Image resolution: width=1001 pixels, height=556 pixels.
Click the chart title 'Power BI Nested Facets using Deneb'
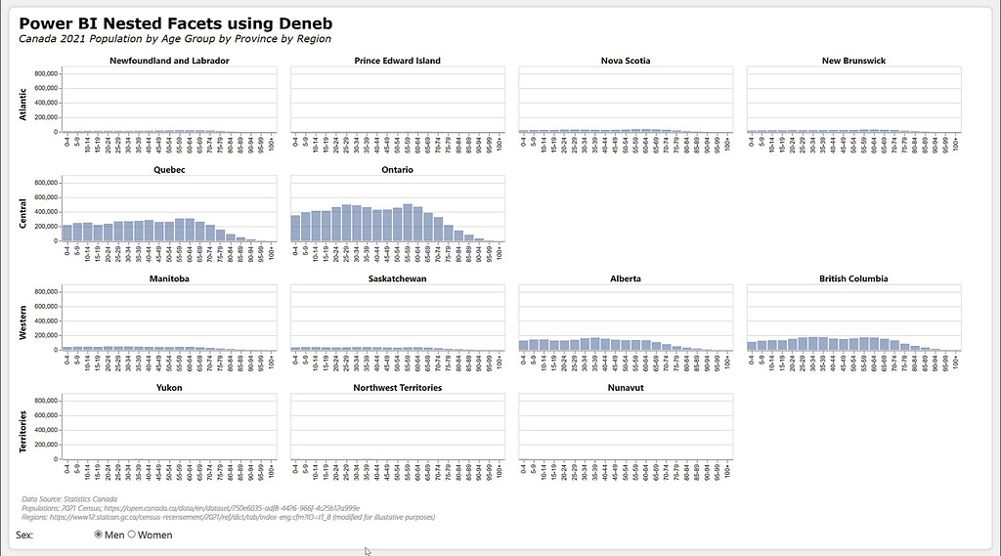pyautogui.click(x=175, y=22)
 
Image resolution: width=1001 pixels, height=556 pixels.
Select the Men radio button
pyautogui.click(x=99, y=535)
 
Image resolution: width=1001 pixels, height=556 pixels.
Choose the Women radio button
pyautogui.click(x=132, y=535)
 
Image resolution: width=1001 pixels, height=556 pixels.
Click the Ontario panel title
pyautogui.click(x=397, y=170)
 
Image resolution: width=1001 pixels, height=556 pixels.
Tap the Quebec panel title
pyautogui.click(x=169, y=170)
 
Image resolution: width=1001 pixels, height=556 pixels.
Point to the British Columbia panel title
pyautogui.click(x=853, y=278)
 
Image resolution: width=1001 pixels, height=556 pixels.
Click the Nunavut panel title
pyautogui.click(x=625, y=388)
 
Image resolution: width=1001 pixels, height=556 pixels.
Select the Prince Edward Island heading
pyautogui.click(x=397, y=61)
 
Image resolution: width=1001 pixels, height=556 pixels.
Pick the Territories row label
pyautogui.click(x=23, y=429)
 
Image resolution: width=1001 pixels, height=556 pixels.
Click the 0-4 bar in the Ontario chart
pyautogui.click(x=296, y=229)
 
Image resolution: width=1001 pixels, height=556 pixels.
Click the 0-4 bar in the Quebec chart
pyautogui.click(x=66, y=233)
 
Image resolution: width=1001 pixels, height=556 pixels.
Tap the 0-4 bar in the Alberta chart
pyautogui.click(x=524, y=345)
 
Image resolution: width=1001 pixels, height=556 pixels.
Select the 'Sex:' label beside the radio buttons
pyautogui.click(x=26, y=535)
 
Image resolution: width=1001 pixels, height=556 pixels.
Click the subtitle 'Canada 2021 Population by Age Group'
pyautogui.click(x=175, y=39)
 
